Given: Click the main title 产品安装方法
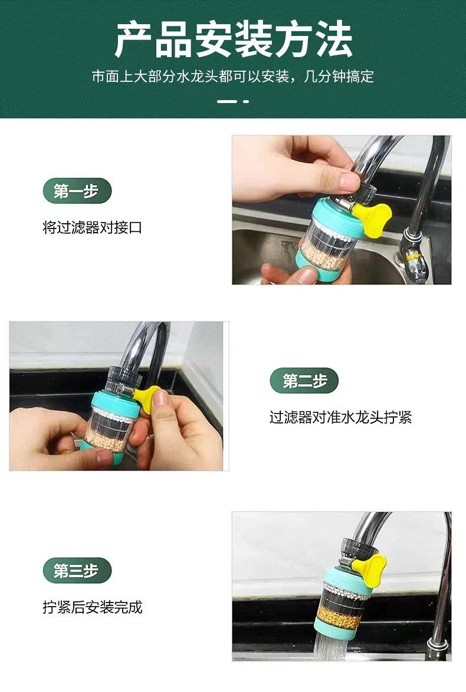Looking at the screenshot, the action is click(x=233, y=40).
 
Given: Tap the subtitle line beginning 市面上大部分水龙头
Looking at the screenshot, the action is click(x=233, y=77).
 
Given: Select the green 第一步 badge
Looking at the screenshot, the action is click(x=77, y=191).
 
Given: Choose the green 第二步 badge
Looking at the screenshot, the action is click(x=304, y=380).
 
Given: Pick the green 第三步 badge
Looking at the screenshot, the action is click(x=77, y=570).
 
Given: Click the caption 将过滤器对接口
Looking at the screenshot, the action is click(x=93, y=228).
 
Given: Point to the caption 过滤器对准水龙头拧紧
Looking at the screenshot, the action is click(x=341, y=417).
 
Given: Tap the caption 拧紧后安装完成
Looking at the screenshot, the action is click(x=93, y=607).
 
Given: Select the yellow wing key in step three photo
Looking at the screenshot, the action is click(x=370, y=569).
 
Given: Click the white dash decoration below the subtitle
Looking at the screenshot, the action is click(x=233, y=101).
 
